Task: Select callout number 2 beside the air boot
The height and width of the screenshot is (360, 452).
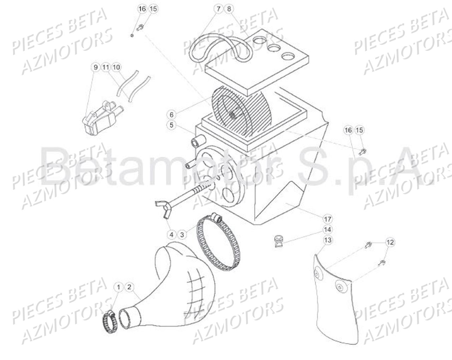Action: click(129, 287)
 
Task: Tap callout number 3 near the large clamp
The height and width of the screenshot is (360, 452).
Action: click(182, 234)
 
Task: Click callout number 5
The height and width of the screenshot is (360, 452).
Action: click(171, 125)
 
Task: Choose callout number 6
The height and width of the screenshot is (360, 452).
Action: click(171, 114)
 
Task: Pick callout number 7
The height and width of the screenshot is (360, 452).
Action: click(218, 8)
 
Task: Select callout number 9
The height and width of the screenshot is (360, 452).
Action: click(95, 67)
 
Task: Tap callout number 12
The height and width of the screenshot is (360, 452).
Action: click(390, 242)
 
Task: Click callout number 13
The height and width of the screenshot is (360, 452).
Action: click(328, 240)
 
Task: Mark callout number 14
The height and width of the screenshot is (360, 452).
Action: click(328, 230)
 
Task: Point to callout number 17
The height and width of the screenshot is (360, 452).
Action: click(328, 219)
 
